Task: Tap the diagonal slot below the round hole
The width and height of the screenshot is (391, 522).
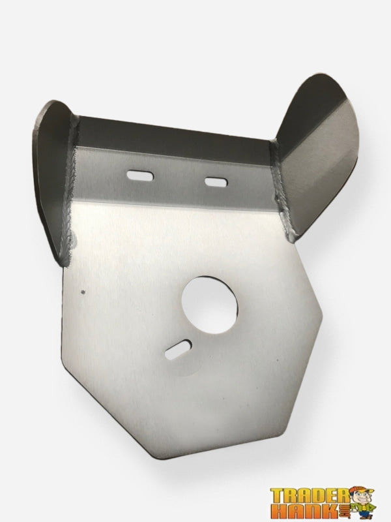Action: click(178, 350)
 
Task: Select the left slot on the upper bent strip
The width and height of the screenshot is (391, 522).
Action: click(139, 175)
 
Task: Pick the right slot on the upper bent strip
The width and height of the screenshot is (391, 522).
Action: click(216, 183)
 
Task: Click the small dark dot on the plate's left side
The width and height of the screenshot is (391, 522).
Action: click(83, 292)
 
